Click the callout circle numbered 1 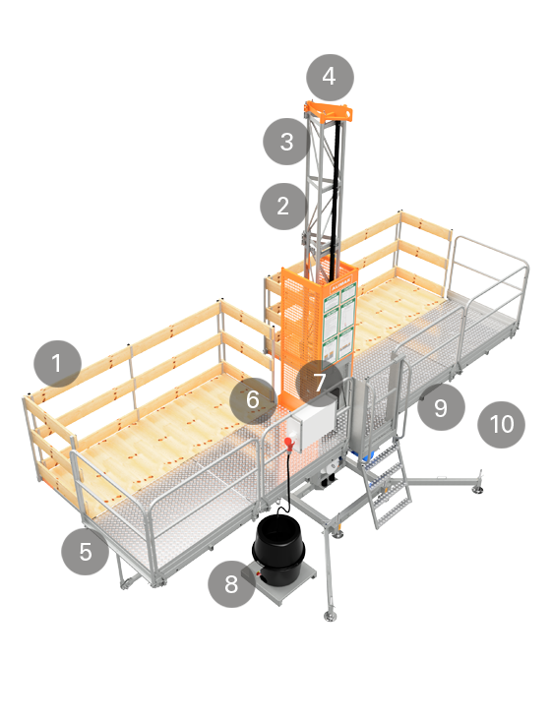57,364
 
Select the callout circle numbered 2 283,207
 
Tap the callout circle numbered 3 286,142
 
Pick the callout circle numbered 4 331,77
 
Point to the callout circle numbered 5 85,551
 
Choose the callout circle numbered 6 253,400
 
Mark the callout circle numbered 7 319,383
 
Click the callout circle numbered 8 231,584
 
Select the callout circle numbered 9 441,407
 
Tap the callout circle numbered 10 502,424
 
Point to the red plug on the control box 289,443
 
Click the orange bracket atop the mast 329,111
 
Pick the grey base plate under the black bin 280,583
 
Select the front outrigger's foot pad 330,616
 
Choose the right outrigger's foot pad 478,490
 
